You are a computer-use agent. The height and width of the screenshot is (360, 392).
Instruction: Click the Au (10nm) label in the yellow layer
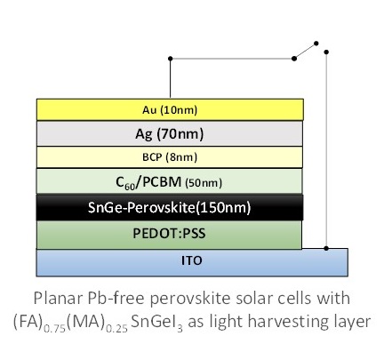(x=170, y=110)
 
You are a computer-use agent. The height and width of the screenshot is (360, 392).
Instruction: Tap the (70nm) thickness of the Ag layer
(x=180, y=134)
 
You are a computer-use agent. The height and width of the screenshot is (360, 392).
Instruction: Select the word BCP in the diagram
(x=152, y=156)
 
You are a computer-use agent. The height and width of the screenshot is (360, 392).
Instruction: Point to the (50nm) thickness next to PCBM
(x=204, y=183)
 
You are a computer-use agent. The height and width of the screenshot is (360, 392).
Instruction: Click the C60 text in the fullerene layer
(x=125, y=183)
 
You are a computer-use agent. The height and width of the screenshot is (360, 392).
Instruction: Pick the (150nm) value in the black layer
(x=223, y=207)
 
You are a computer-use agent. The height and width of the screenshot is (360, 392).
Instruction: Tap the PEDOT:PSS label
(x=169, y=234)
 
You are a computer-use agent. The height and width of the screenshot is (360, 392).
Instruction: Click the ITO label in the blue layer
(x=192, y=260)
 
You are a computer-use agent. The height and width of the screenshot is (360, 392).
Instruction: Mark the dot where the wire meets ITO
(x=326, y=248)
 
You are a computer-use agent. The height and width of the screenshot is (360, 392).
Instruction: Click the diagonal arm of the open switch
(x=305, y=51)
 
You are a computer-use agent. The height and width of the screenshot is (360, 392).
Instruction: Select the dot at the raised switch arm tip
(x=316, y=44)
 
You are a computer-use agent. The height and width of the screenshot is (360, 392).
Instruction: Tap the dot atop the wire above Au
(x=170, y=59)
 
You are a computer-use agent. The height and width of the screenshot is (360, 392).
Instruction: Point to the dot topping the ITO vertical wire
(x=326, y=52)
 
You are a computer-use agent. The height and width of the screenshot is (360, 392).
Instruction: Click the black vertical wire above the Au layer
(x=170, y=79)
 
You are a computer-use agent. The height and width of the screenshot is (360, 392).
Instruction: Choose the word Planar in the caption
(x=59, y=298)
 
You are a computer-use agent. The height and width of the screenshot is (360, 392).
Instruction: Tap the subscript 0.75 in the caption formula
(x=54, y=329)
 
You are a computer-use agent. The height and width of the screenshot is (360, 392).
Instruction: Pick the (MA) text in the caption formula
(x=86, y=321)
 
